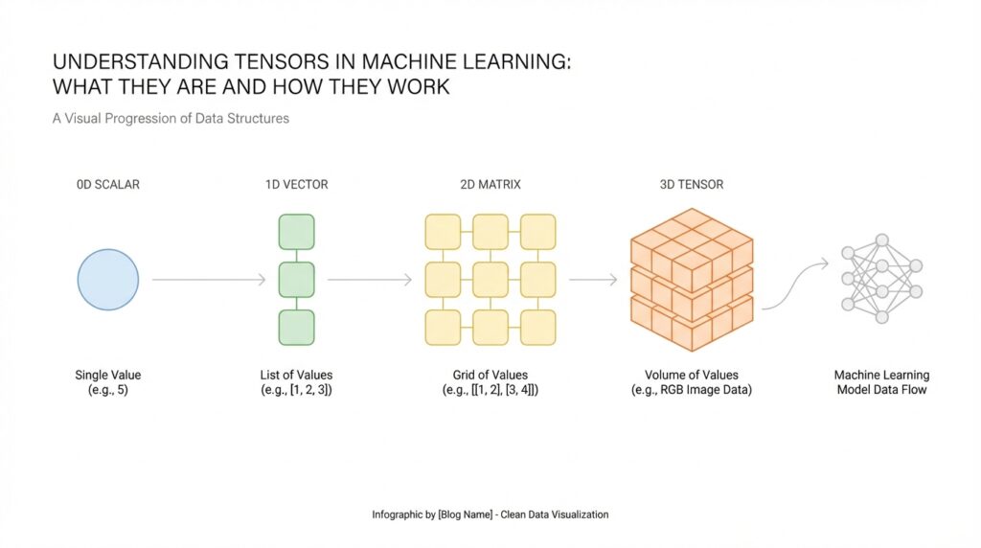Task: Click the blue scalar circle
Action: coord(107,279)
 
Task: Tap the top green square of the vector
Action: coord(296,232)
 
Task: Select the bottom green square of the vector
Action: coord(296,327)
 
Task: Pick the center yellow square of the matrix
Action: coord(490,279)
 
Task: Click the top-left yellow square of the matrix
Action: coord(443,232)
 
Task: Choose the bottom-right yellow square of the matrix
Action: coord(537,327)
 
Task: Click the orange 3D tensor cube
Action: coord(691,278)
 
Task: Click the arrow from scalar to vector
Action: coord(209,280)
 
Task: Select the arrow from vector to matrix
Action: coord(370,280)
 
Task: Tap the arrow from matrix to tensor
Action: coord(593,280)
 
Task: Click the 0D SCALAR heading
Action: coord(107,184)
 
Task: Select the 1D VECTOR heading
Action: coord(296,184)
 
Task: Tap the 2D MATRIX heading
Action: coord(490,184)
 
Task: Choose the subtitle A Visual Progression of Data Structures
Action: coord(171,119)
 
